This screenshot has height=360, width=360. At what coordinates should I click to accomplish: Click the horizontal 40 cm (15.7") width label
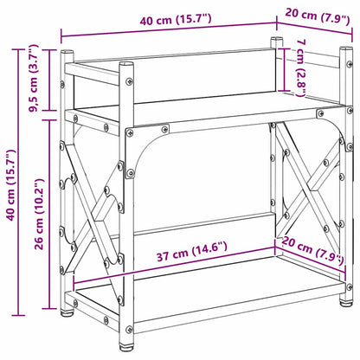coord(176,20)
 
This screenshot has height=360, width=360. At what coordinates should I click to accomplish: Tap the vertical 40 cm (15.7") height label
coord(11,185)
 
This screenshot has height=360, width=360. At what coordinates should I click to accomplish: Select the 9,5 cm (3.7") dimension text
coord(34,78)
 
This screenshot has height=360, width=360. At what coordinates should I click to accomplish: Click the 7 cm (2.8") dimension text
coord(300,68)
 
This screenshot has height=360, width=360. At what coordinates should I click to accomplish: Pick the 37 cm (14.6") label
coord(192,251)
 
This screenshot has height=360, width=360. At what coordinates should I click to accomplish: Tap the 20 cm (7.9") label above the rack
coord(318,17)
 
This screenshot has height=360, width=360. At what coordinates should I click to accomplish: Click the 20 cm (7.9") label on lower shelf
coord(312,250)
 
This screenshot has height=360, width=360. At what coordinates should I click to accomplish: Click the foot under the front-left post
coord(126,345)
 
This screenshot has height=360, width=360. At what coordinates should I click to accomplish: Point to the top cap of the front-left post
coord(126,64)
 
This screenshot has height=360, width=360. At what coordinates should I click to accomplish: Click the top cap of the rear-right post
coord(277,39)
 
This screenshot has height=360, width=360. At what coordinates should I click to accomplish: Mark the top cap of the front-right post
coord(346,48)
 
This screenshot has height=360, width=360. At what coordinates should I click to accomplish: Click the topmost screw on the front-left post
coord(129,81)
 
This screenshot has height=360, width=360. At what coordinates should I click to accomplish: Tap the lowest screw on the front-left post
coord(130,329)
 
